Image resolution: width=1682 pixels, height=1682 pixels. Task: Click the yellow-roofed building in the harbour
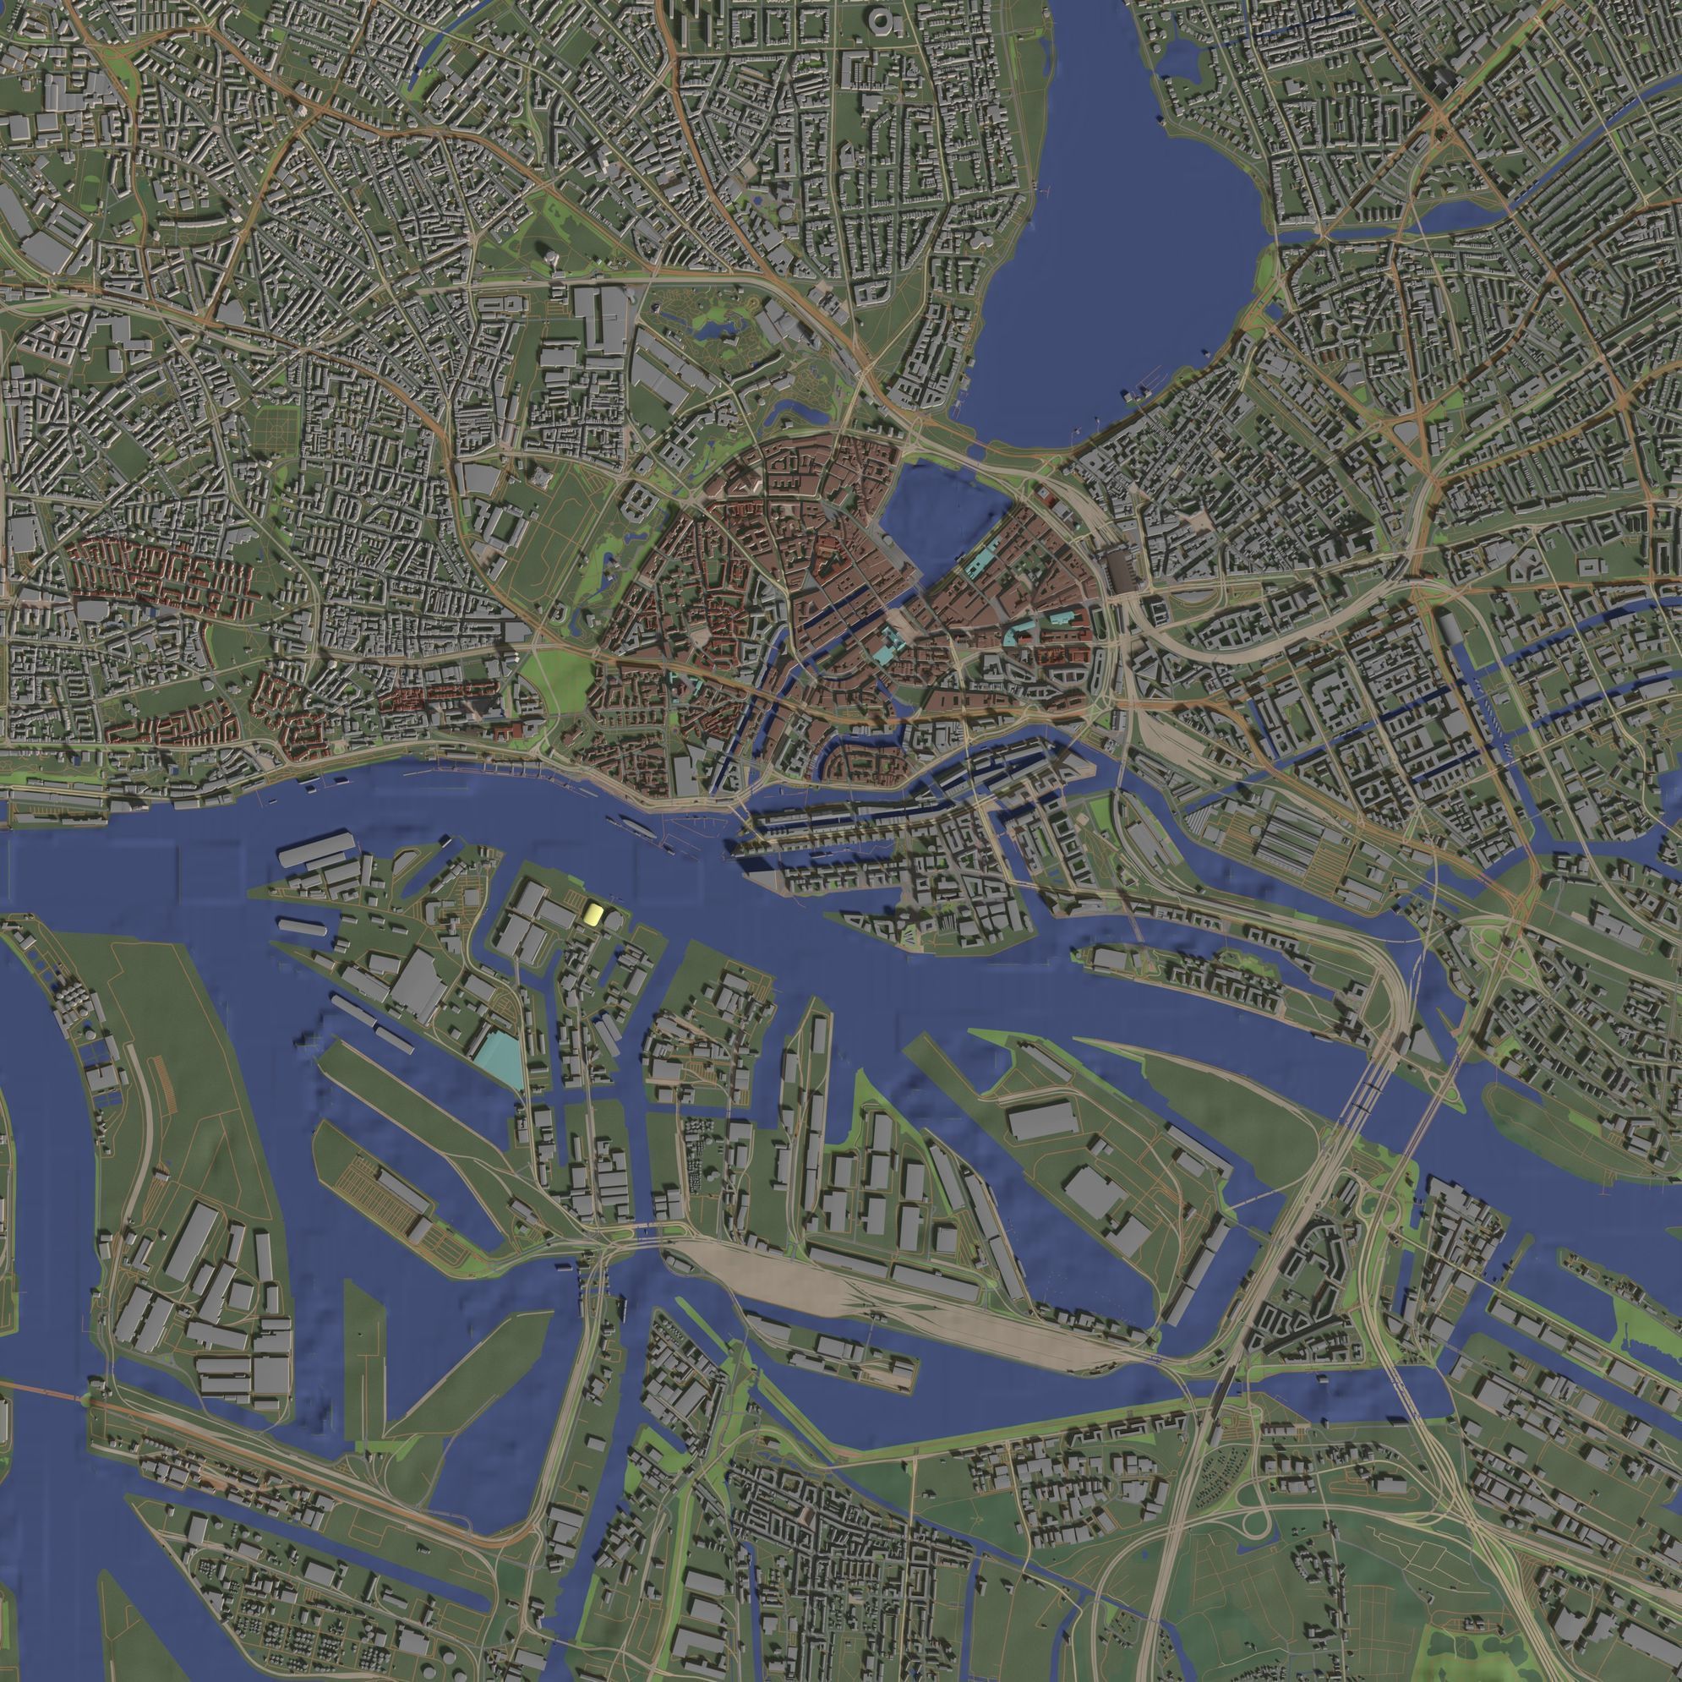tap(593, 913)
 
